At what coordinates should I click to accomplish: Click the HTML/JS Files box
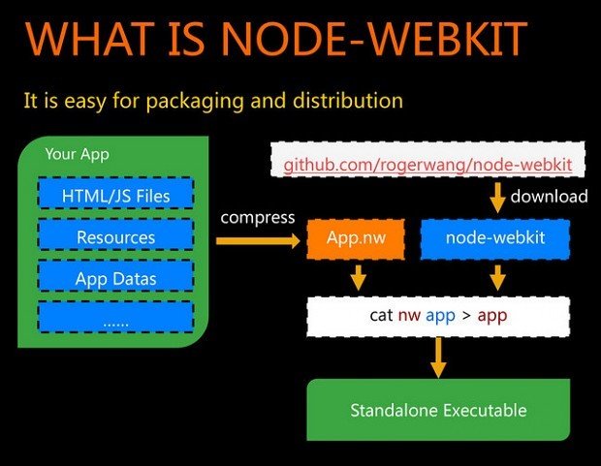pyautogui.click(x=115, y=197)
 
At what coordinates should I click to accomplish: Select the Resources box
pyautogui.click(x=115, y=237)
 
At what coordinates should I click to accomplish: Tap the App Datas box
pyautogui.click(x=115, y=279)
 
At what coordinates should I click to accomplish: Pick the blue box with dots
pyautogui.click(x=115, y=318)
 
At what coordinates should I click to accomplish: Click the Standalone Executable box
pyautogui.click(x=438, y=410)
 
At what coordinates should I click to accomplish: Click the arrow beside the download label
pyautogui.click(x=497, y=198)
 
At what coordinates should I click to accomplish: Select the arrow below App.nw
pyautogui.click(x=358, y=277)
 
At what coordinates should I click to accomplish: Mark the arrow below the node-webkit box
pyautogui.click(x=498, y=277)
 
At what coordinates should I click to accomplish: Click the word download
pyautogui.click(x=550, y=197)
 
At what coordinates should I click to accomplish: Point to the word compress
pyautogui.click(x=257, y=217)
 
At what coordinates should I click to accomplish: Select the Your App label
pyautogui.click(x=78, y=154)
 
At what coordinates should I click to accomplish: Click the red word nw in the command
pyautogui.click(x=407, y=315)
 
